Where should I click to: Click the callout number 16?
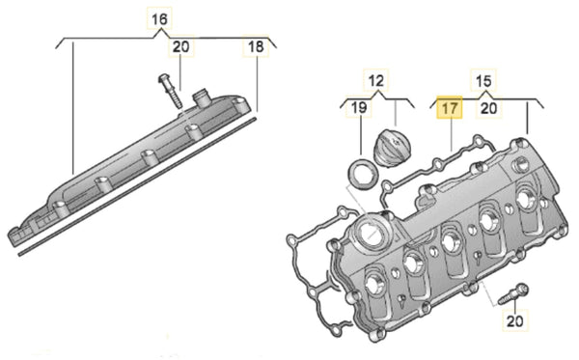coord(159,19)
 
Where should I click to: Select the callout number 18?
coord(256,46)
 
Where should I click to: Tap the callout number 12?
coord(376,80)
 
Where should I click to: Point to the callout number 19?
coord(359,107)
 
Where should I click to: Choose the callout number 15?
coord(483,80)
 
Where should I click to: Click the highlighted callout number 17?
coord(450,108)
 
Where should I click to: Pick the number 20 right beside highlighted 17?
coord(489,108)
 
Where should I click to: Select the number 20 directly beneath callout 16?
coord(181,46)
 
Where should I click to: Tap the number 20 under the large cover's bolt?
coord(514,321)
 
